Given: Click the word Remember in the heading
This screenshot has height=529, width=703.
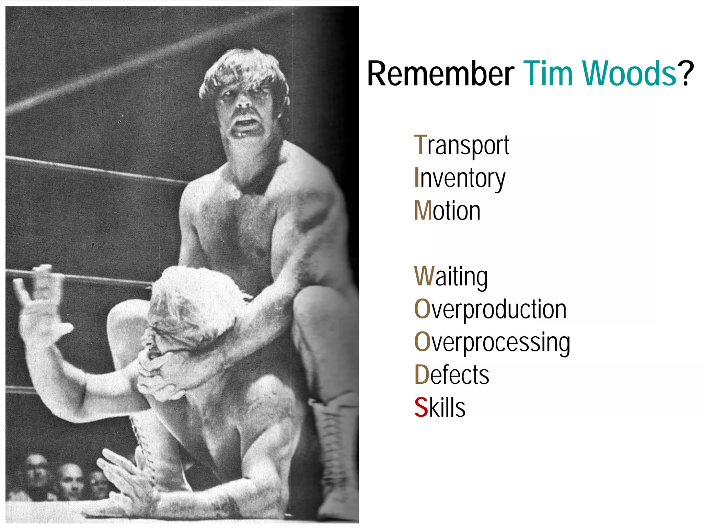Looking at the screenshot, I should pos(440,74).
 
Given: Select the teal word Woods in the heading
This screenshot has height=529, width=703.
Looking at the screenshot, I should pos(629,74).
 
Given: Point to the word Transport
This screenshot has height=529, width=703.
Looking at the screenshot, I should pos(461,146).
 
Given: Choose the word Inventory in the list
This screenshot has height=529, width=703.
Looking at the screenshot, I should pos(460,178).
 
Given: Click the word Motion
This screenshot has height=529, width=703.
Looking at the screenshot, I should pos(447,211).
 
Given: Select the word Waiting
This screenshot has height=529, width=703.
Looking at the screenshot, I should pos(451,277).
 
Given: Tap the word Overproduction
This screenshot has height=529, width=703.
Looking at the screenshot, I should pos(490,309).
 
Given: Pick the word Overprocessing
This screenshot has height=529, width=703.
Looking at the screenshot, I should pos(492,342).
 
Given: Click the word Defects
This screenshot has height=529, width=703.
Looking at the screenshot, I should pos(451,375).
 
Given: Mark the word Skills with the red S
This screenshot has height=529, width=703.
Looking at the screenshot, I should pos(440,407).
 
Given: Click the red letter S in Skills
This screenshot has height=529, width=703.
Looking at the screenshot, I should pos(421,407).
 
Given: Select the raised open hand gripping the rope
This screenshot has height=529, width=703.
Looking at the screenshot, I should pos(38,295).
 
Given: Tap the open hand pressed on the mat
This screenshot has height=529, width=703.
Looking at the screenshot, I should pos(124,481).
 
